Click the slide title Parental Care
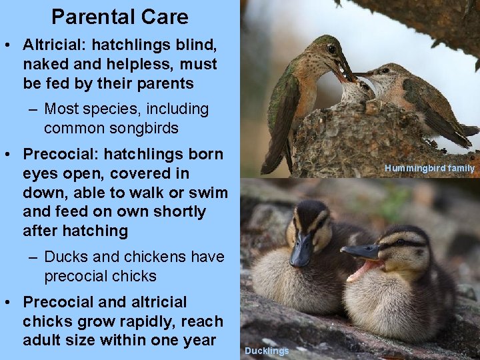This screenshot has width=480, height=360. pos(119,17)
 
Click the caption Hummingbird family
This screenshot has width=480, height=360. pos(429,169)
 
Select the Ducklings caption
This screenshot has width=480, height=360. pos(267,351)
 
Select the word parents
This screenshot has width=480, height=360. pos(163,84)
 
